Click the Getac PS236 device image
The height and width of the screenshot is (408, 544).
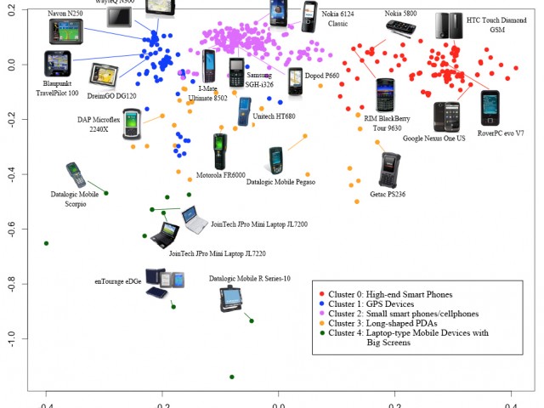pyautogui.click(x=389, y=169)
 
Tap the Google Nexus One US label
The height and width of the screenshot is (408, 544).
pyautogui.click(x=434, y=138)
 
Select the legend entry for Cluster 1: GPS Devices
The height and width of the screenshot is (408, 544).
pyautogui.click(x=371, y=303)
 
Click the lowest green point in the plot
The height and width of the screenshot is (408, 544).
pyautogui.click(x=232, y=377)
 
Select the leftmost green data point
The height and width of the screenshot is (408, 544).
pyautogui.click(x=47, y=243)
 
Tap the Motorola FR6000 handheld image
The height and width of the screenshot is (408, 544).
pyautogui.click(x=220, y=150)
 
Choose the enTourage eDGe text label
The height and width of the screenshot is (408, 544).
pyautogui.click(x=117, y=280)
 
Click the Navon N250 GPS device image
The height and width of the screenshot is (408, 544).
pyautogui.click(x=66, y=31)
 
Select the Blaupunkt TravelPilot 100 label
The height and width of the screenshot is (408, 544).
pyautogui.click(x=60, y=88)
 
